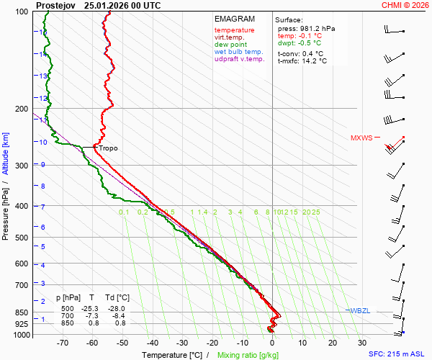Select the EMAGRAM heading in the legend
pyautogui.click(x=233, y=19)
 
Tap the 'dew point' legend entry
pyautogui.click(x=230, y=45)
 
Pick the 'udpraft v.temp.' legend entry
pyautogui.click(x=240, y=59)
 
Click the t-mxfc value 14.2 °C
pyautogui.click(x=314, y=61)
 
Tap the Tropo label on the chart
pyautogui.click(x=108, y=148)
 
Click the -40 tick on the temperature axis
pyautogui.click(x=152, y=343)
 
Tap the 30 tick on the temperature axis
pyautogui.click(x=361, y=343)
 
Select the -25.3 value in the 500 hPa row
pyautogui.click(x=91, y=307)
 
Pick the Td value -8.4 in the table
pyautogui.click(x=122, y=316)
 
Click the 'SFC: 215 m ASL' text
pyautogui.click(x=397, y=355)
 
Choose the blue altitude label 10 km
pyautogui.click(x=43, y=143)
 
